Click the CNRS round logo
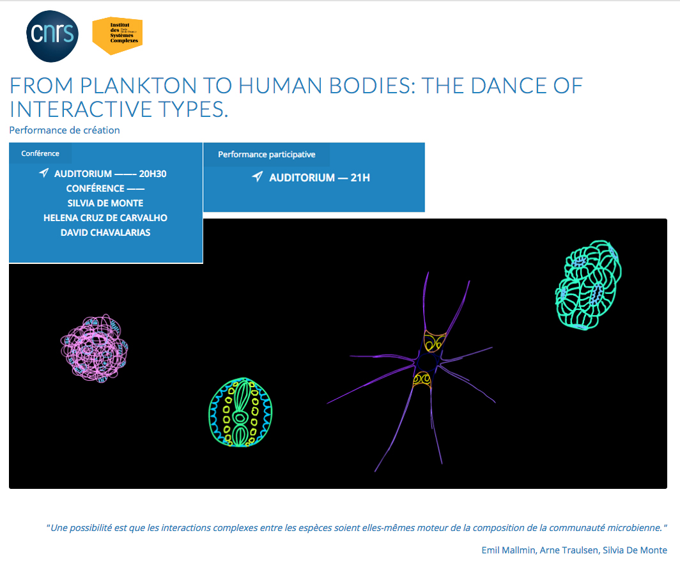click(52, 36)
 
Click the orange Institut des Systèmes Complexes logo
click(118, 36)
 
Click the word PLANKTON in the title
click(138, 86)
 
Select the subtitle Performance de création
click(65, 130)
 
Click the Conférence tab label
click(40, 153)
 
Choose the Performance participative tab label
click(267, 155)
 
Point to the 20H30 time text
click(153, 174)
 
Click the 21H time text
click(360, 178)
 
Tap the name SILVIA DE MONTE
click(105, 203)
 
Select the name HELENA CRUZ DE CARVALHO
click(105, 218)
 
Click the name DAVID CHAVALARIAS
click(105, 233)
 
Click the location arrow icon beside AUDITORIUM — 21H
click(257, 176)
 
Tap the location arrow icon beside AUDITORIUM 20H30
click(44, 173)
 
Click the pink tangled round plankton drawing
click(94, 348)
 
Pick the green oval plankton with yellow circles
click(240, 412)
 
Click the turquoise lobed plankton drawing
click(589, 284)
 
